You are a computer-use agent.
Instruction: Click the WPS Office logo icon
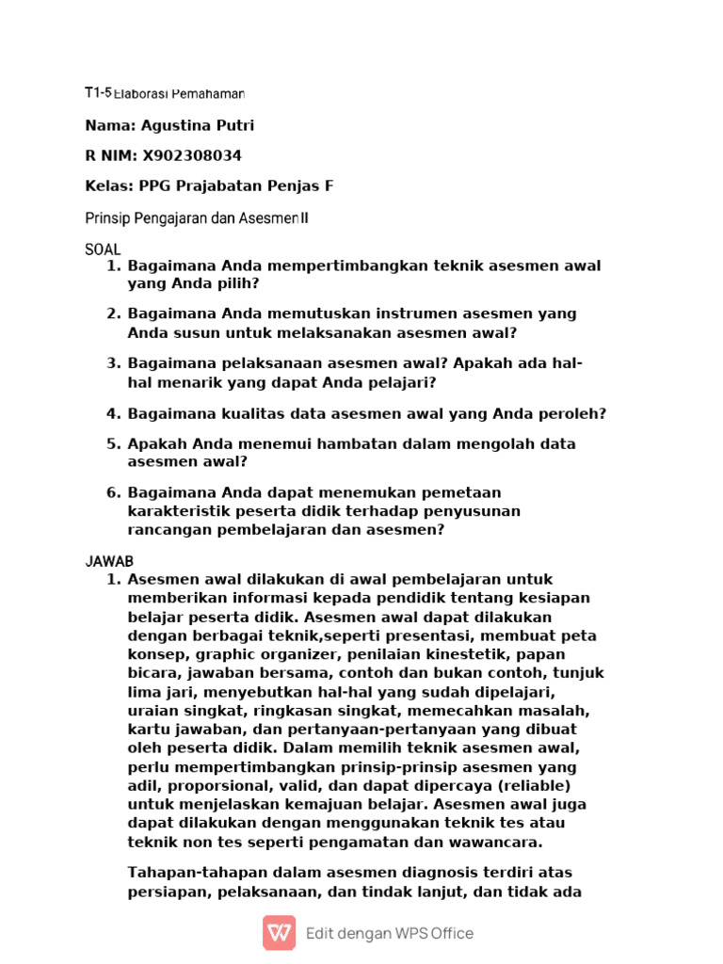click(x=279, y=933)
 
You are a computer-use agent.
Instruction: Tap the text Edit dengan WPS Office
click(x=390, y=934)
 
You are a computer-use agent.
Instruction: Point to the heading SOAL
click(x=103, y=249)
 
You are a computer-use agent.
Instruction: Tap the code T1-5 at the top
click(x=98, y=93)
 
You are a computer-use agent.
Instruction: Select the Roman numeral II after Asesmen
click(x=304, y=218)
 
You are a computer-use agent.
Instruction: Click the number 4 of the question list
click(x=112, y=413)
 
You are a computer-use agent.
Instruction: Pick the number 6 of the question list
click(x=112, y=492)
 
